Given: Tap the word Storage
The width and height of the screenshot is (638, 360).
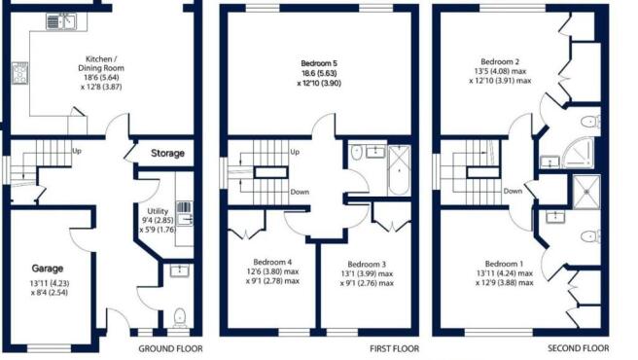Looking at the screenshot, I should click(x=166, y=153).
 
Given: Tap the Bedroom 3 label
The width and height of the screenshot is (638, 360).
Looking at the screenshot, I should click(x=368, y=264).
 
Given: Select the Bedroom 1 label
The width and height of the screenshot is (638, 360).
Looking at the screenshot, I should click(x=503, y=264).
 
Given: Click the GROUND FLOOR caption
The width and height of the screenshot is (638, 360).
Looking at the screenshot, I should click(x=170, y=348).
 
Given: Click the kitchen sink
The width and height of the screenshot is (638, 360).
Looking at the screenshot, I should click(x=64, y=18).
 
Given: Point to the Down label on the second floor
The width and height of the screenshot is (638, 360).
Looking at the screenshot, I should click(x=514, y=192).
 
